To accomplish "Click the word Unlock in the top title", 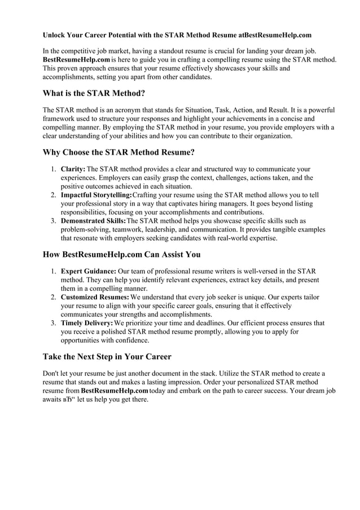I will (55, 35).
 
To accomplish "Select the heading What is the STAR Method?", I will (98, 93).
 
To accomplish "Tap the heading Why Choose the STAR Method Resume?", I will (119, 152).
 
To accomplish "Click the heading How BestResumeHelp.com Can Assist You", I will (121, 255).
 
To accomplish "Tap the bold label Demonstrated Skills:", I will (93, 221).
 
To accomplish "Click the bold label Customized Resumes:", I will (95, 297).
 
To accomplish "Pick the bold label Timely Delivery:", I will (87, 323).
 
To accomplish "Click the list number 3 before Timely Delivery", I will (52, 323).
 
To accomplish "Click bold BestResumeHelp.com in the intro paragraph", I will (76, 60).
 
